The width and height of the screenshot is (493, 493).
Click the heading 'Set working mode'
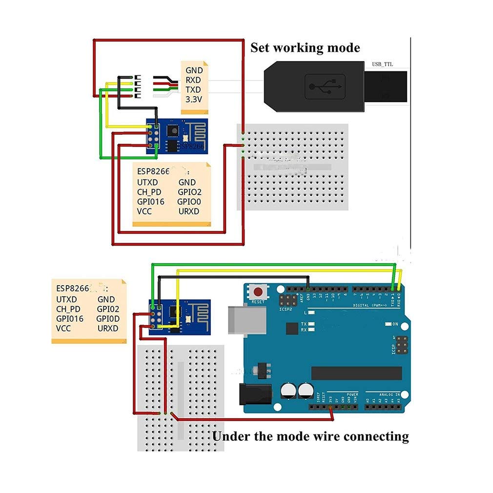305,48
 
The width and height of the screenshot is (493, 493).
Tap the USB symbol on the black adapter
325,87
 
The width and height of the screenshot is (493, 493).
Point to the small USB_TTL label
382,64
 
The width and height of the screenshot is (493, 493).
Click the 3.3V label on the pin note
194,99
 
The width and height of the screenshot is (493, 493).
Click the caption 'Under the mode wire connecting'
310,436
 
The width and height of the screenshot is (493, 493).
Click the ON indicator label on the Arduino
395,324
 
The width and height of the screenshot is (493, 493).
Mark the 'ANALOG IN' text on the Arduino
390,394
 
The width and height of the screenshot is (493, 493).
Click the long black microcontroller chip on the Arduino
356,373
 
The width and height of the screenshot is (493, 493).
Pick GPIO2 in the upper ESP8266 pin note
189,192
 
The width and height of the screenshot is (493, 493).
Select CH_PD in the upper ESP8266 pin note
149,192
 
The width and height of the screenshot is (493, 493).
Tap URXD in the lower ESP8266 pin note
108,329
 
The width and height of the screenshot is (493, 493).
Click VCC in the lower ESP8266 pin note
63,329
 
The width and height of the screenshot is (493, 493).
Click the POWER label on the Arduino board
352,394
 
